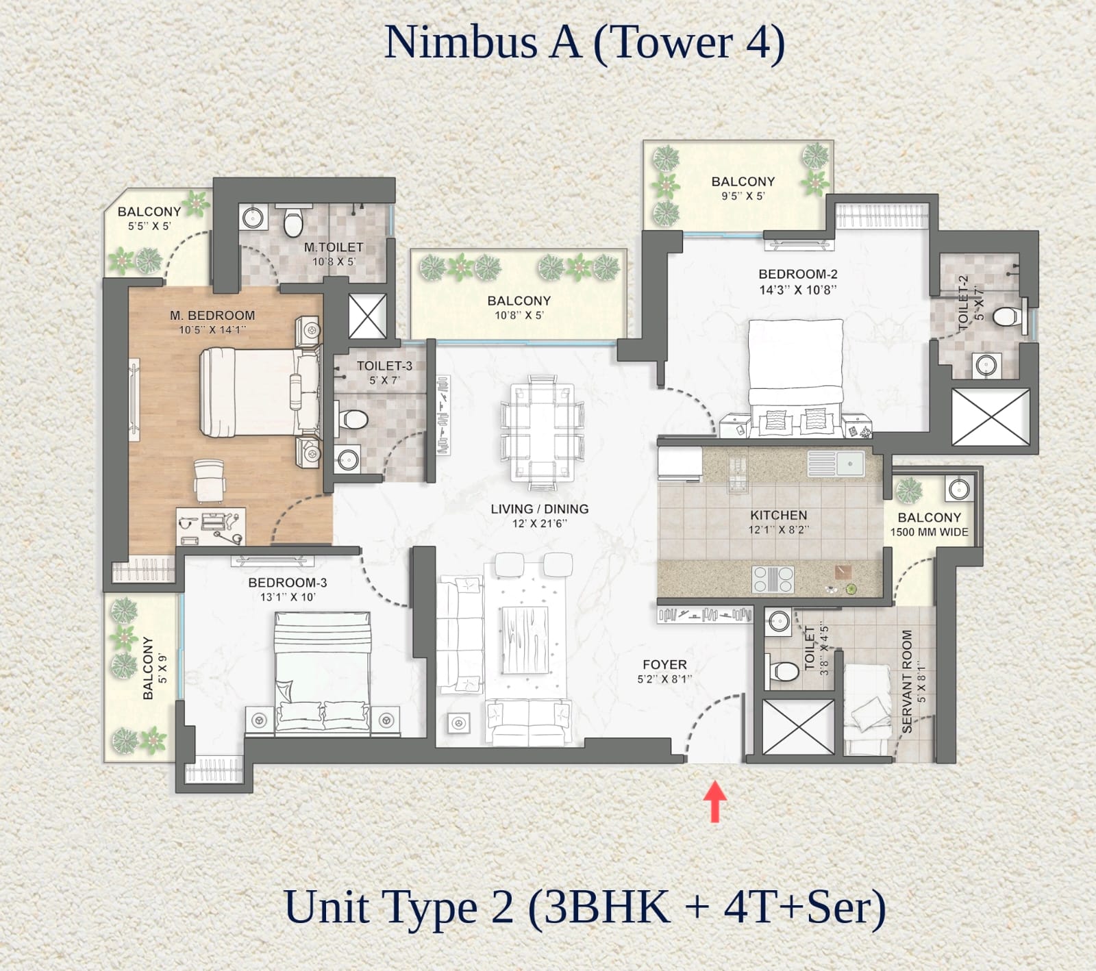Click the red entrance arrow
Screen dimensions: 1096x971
pos(715,801)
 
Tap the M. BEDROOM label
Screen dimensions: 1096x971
pos(212,316)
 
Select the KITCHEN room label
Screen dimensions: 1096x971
pos(778,515)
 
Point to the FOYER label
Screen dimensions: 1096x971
pos(664,664)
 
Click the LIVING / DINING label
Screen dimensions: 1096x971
pos(540,509)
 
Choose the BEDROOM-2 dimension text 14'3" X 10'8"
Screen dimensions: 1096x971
pos(798,290)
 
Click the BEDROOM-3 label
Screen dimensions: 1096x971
pos(287,583)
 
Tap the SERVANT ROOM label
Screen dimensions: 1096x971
pos(907,681)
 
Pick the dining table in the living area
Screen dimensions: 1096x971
pos(542,433)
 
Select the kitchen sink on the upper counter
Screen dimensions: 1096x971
pos(835,464)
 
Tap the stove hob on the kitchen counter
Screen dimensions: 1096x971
pos(773,579)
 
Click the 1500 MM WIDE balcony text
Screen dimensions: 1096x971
pos(929,532)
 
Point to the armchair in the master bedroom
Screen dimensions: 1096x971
pos(209,479)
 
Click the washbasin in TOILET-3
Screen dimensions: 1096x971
pos(348,458)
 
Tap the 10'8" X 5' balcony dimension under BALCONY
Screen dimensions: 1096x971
pos(519,316)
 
